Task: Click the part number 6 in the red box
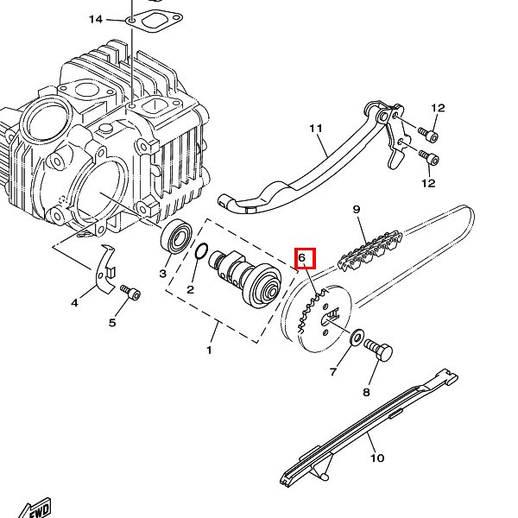click(302, 257)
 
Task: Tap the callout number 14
click(96, 19)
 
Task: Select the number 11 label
click(316, 128)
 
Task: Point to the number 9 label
click(357, 209)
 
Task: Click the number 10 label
click(377, 458)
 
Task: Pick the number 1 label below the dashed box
click(209, 350)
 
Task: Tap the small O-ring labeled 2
click(201, 251)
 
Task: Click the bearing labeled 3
click(176, 237)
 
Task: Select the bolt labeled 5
click(130, 292)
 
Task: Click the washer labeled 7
click(357, 338)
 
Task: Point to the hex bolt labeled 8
click(378, 351)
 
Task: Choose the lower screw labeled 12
click(429, 158)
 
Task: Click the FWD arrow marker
click(35, 509)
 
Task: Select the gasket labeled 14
click(154, 22)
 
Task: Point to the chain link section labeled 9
click(370, 251)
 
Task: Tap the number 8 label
click(366, 392)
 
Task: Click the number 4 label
click(74, 302)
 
